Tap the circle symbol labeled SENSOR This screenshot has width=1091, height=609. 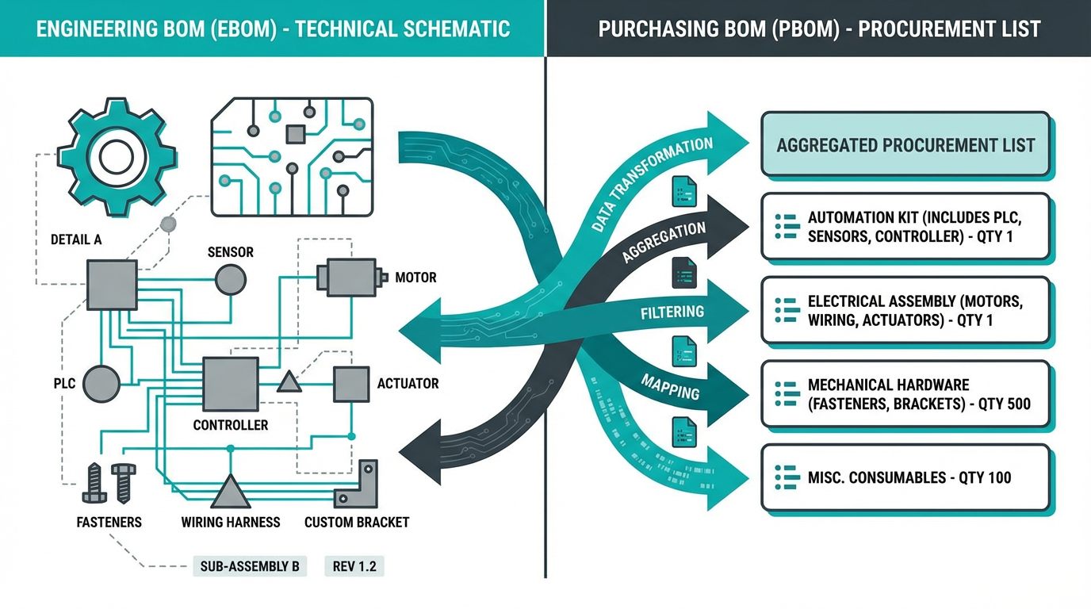coord(231,279)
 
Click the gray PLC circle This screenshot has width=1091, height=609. coord(101,384)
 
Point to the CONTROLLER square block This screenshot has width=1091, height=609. coord(231,384)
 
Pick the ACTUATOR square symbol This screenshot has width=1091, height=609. coord(350,384)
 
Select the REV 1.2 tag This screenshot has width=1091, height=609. coord(354,566)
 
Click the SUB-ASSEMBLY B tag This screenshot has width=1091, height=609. coord(250,566)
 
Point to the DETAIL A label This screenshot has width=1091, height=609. coord(76,239)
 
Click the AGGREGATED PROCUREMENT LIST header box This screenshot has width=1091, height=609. coord(905,145)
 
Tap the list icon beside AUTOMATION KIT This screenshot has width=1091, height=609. coord(787,226)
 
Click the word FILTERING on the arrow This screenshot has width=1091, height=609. coord(672,312)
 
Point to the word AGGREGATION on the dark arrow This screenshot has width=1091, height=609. coord(664,242)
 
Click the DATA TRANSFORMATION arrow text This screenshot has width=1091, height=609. coord(652,186)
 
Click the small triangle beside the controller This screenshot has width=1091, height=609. coord(289,383)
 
